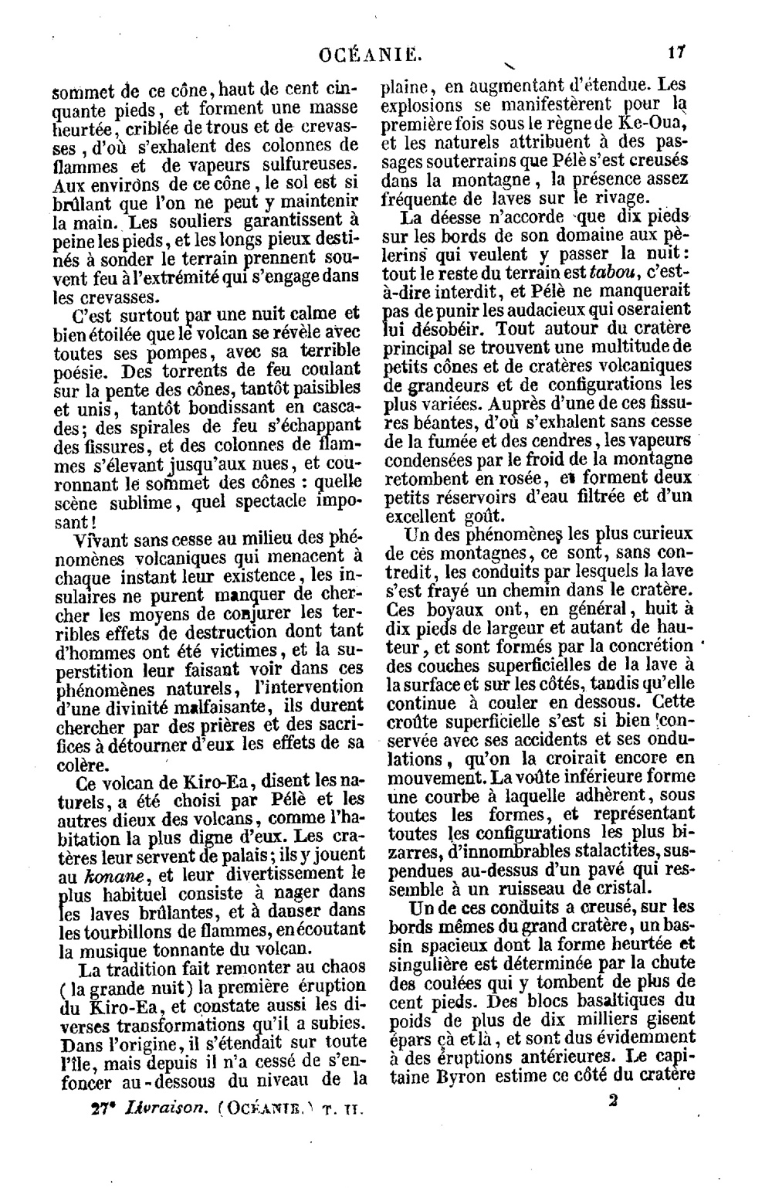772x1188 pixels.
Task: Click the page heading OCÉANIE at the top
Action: point(371,54)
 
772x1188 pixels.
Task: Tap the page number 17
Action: point(678,54)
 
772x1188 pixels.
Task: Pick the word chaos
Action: point(337,969)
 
